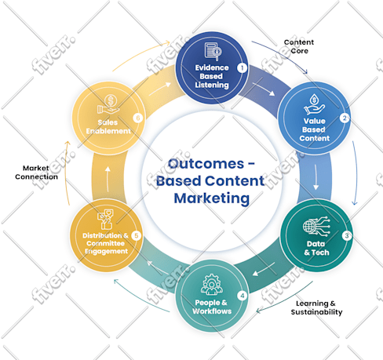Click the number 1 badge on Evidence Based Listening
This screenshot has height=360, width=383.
point(243,68)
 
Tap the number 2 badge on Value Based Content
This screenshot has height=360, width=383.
point(345,118)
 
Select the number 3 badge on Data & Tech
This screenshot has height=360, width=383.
point(347,235)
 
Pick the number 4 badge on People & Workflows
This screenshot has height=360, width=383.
point(243,296)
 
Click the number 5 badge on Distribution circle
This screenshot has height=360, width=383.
point(137,235)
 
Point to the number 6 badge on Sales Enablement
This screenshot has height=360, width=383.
point(138,118)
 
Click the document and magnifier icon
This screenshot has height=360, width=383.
point(213,52)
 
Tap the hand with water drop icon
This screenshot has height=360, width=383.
point(314,104)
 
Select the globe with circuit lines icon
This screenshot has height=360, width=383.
point(316,227)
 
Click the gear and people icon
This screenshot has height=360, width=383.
point(212,284)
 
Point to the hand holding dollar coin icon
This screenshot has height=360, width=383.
point(108,104)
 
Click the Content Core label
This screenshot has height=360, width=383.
point(299,46)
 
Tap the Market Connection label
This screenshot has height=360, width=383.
point(36,173)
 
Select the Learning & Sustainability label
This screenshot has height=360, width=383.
point(316,307)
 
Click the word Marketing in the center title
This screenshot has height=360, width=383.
point(212,198)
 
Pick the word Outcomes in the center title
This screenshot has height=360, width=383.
point(206,164)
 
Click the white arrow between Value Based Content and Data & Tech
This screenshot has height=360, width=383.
point(316,177)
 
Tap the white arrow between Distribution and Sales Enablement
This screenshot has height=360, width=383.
point(108,179)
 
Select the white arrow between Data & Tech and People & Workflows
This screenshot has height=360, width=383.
point(264,269)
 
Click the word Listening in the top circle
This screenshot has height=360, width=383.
point(212,85)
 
